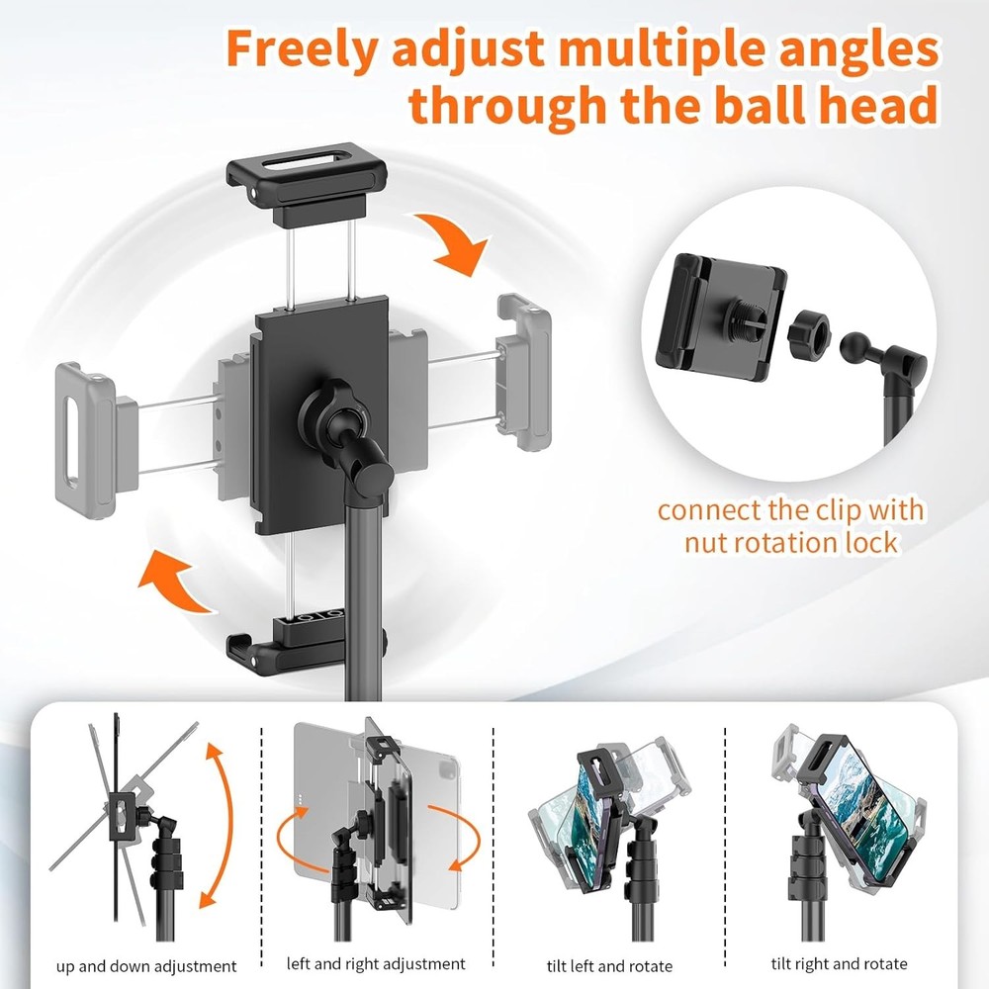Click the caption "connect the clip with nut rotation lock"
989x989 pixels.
(790, 526)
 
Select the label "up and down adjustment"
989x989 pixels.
(145, 966)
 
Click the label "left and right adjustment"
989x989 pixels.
(376, 963)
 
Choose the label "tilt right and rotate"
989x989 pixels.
(839, 963)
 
